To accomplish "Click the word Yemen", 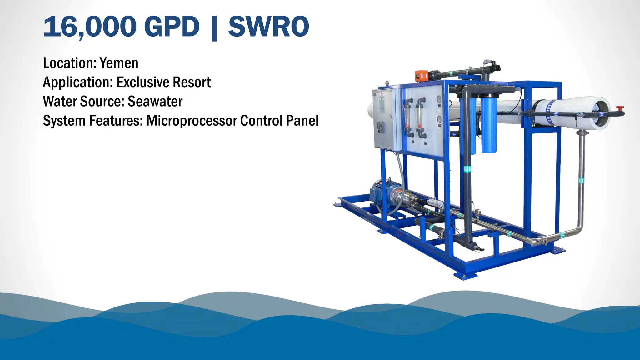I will coord(119,63).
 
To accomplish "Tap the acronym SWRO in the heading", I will coord(268,27).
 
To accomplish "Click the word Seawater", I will coord(155,102).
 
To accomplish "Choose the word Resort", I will coord(192,82).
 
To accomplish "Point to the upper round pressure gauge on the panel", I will coord(439,99).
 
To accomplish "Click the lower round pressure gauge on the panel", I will coord(439,119).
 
